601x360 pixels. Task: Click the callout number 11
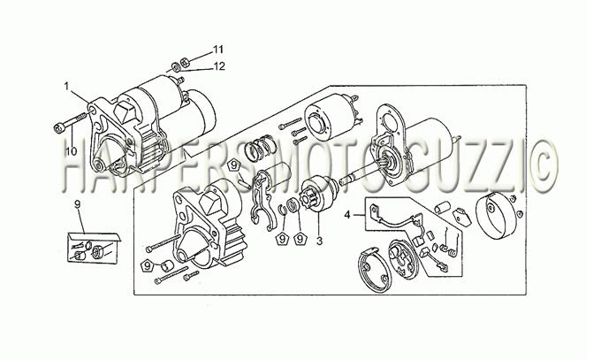click(218, 50)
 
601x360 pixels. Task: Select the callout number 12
click(219, 66)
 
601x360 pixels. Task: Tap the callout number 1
click(66, 86)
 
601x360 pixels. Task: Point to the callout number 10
click(71, 151)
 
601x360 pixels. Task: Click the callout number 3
click(320, 241)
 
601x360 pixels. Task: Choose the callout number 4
click(346, 215)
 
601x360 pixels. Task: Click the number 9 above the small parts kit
click(78, 204)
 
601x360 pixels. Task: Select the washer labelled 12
click(176, 67)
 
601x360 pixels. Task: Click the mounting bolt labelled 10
click(70, 122)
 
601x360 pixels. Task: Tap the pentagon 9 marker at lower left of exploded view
click(148, 265)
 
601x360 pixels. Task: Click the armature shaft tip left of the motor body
click(344, 180)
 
